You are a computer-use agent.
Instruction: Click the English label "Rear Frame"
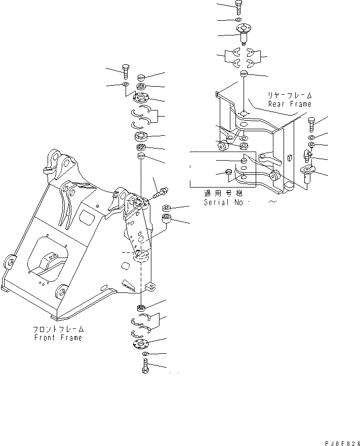pyautogui.click(x=290, y=104)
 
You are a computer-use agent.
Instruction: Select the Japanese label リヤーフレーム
pyautogui.click(x=290, y=95)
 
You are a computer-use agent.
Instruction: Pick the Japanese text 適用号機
pyautogui.click(x=223, y=193)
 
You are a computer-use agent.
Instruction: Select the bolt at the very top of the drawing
pyautogui.click(x=239, y=7)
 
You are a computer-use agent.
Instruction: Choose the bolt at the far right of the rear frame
pyautogui.click(x=311, y=124)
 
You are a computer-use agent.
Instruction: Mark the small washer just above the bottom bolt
pyautogui.click(x=145, y=353)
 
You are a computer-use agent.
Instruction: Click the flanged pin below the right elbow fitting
pyautogui.click(x=308, y=174)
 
